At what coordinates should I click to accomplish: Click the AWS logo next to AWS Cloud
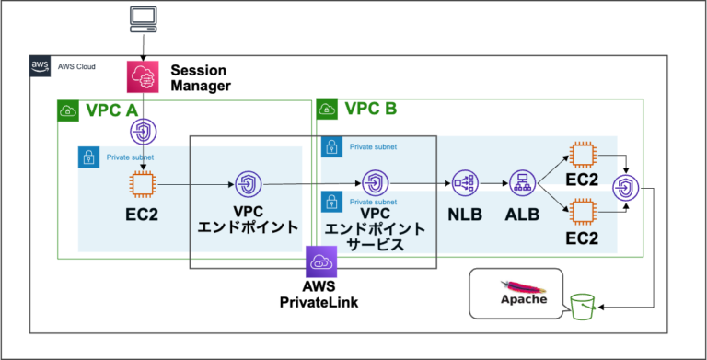click(x=41, y=66)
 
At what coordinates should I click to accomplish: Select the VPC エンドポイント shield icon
click(x=248, y=184)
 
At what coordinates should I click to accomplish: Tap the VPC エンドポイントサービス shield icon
click(x=373, y=182)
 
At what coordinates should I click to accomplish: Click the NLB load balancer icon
click(x=464, y=183)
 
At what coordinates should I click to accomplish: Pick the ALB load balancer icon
click(x=520, y=183)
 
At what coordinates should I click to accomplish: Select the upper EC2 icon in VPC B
click(x=582, y=155)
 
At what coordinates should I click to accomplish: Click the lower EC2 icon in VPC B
click(x=582, y=212)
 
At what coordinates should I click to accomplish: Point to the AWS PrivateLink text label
click(x=322, y=294)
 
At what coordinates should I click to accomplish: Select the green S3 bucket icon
click(x=582, y=308)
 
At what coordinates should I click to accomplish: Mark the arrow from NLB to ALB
click(x=492, y=184)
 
